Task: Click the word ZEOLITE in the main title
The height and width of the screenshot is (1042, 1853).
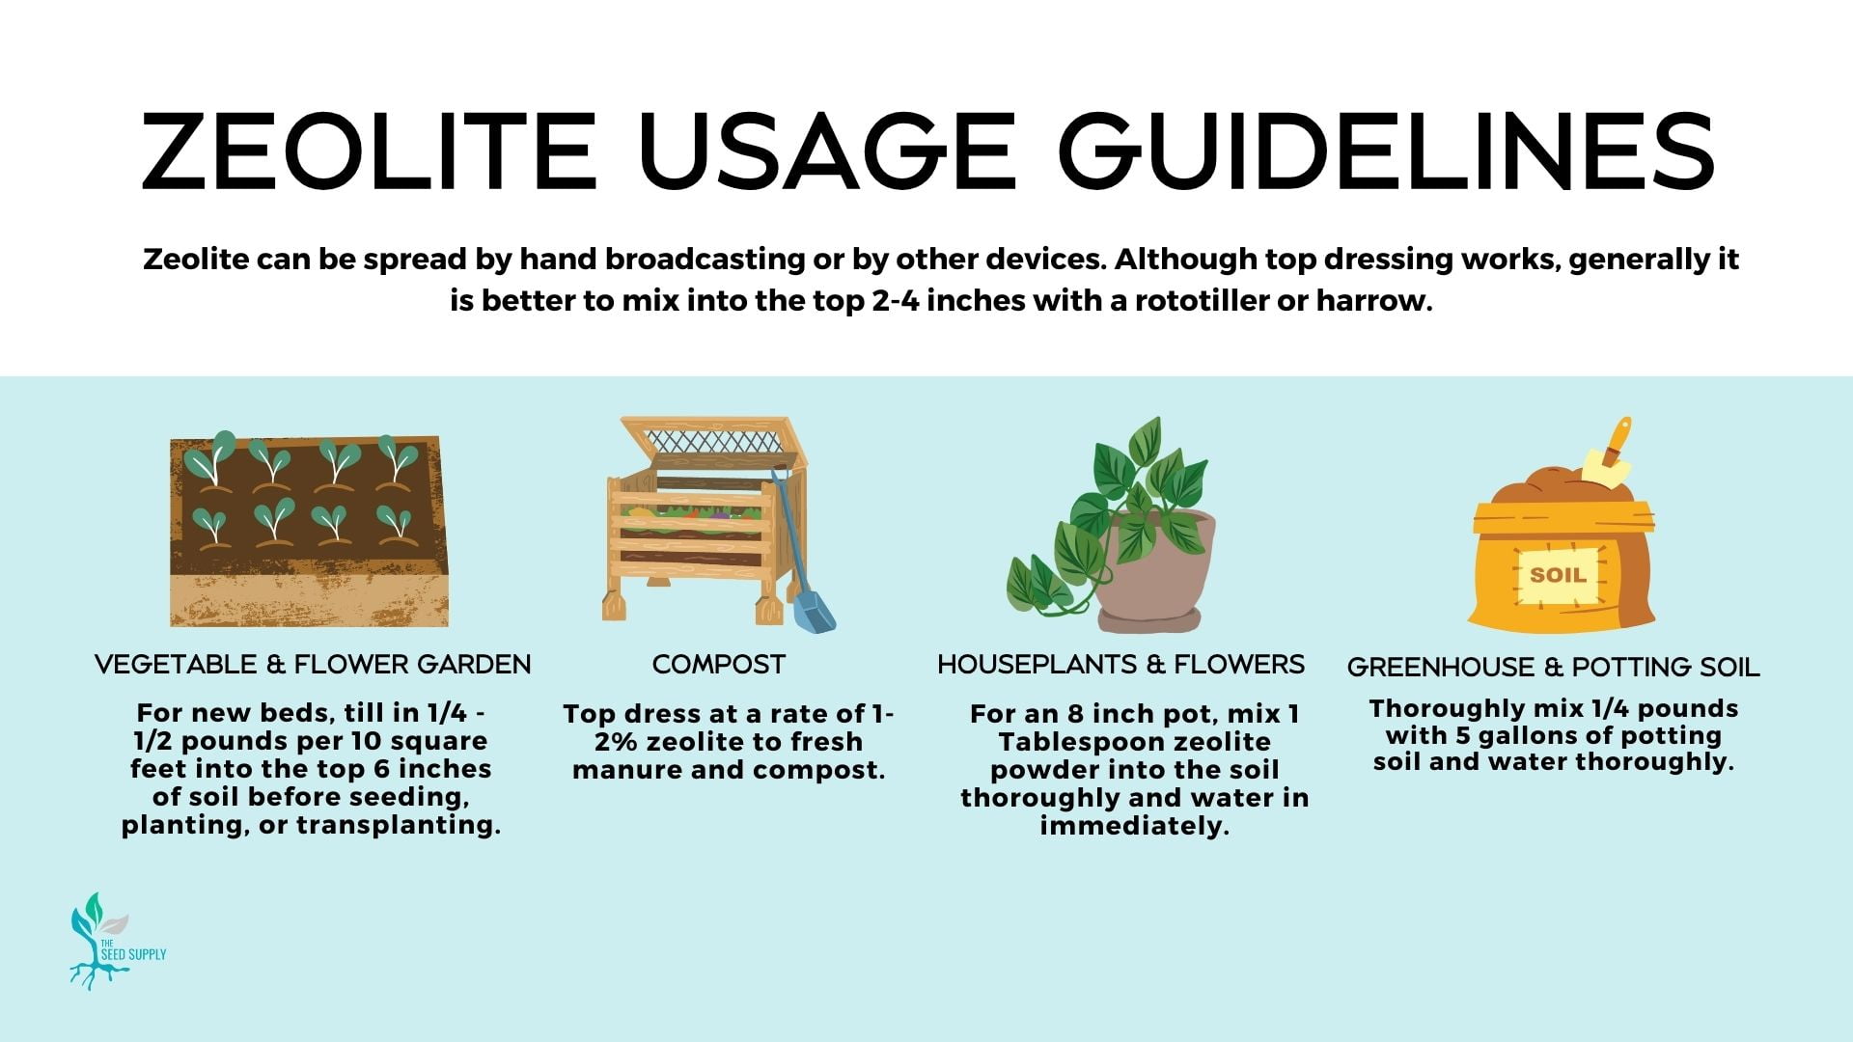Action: pos(370,151)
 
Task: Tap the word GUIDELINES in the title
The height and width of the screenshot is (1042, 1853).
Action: pos(1387,151)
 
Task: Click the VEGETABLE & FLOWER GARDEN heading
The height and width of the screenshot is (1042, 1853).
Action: pos(313,665)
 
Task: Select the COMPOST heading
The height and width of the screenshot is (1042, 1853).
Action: pos(719,665)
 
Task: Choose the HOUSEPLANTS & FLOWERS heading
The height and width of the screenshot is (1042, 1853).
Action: pos(1120,665)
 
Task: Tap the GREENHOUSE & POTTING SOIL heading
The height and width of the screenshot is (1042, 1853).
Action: pos(1553,667)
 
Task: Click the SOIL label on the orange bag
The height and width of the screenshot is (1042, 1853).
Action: pos(1558,575)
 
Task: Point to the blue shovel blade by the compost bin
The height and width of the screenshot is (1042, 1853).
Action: pos(815,612)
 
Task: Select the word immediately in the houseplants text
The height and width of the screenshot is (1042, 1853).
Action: pos(1134,827)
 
